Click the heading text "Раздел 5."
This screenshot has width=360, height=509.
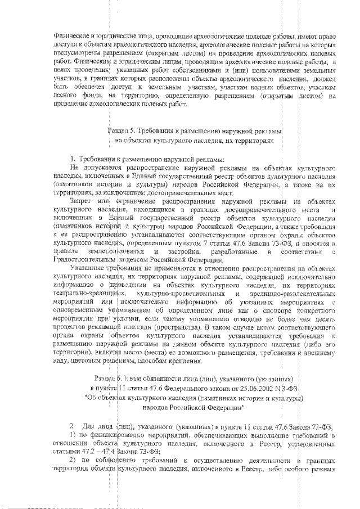tap(123, 131)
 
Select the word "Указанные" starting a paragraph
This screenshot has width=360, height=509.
tap(87, 269)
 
